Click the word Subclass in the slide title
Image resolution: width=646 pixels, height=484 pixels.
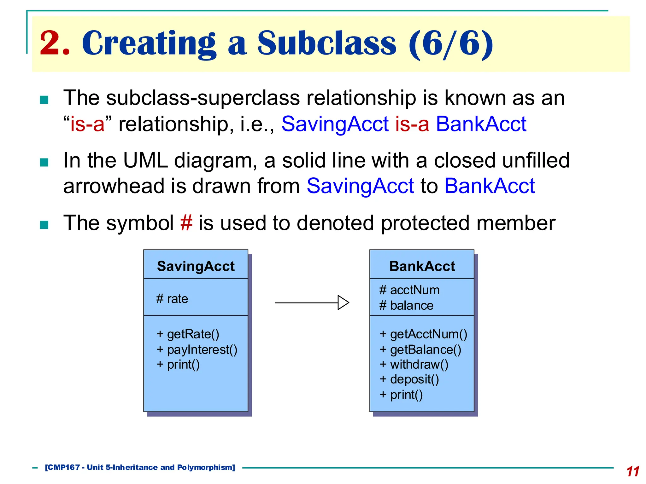click(326, 43)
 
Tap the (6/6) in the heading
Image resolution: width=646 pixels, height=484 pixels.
click(451, 43)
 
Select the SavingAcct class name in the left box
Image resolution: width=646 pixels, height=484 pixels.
click(196, 266)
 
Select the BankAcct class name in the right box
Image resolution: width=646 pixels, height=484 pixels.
click(422, 266)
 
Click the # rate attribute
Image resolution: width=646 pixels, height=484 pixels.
click(172, 299)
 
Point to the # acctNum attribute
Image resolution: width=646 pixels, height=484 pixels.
click(409, 290)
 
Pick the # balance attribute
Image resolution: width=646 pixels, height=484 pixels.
click(406, 305)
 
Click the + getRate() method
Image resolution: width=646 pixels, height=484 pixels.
click(188, 334)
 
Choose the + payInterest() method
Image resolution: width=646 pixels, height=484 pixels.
click(197, 349)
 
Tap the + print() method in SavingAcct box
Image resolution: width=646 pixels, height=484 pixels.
click(178, 365)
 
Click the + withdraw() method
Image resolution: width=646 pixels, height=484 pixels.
click(414, 365)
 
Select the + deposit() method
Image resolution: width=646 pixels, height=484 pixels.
click(409, 379)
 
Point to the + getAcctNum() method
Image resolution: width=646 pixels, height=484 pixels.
click(423, 334)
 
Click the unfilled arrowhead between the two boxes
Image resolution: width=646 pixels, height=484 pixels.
click(343, 302)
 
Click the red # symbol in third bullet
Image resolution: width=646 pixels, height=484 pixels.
click(186, 223)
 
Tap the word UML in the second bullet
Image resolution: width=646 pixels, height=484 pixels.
click(145, 160)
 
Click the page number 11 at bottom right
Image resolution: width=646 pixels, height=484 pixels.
click(632, 471)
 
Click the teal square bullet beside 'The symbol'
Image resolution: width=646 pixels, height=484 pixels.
click(44, 225)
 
